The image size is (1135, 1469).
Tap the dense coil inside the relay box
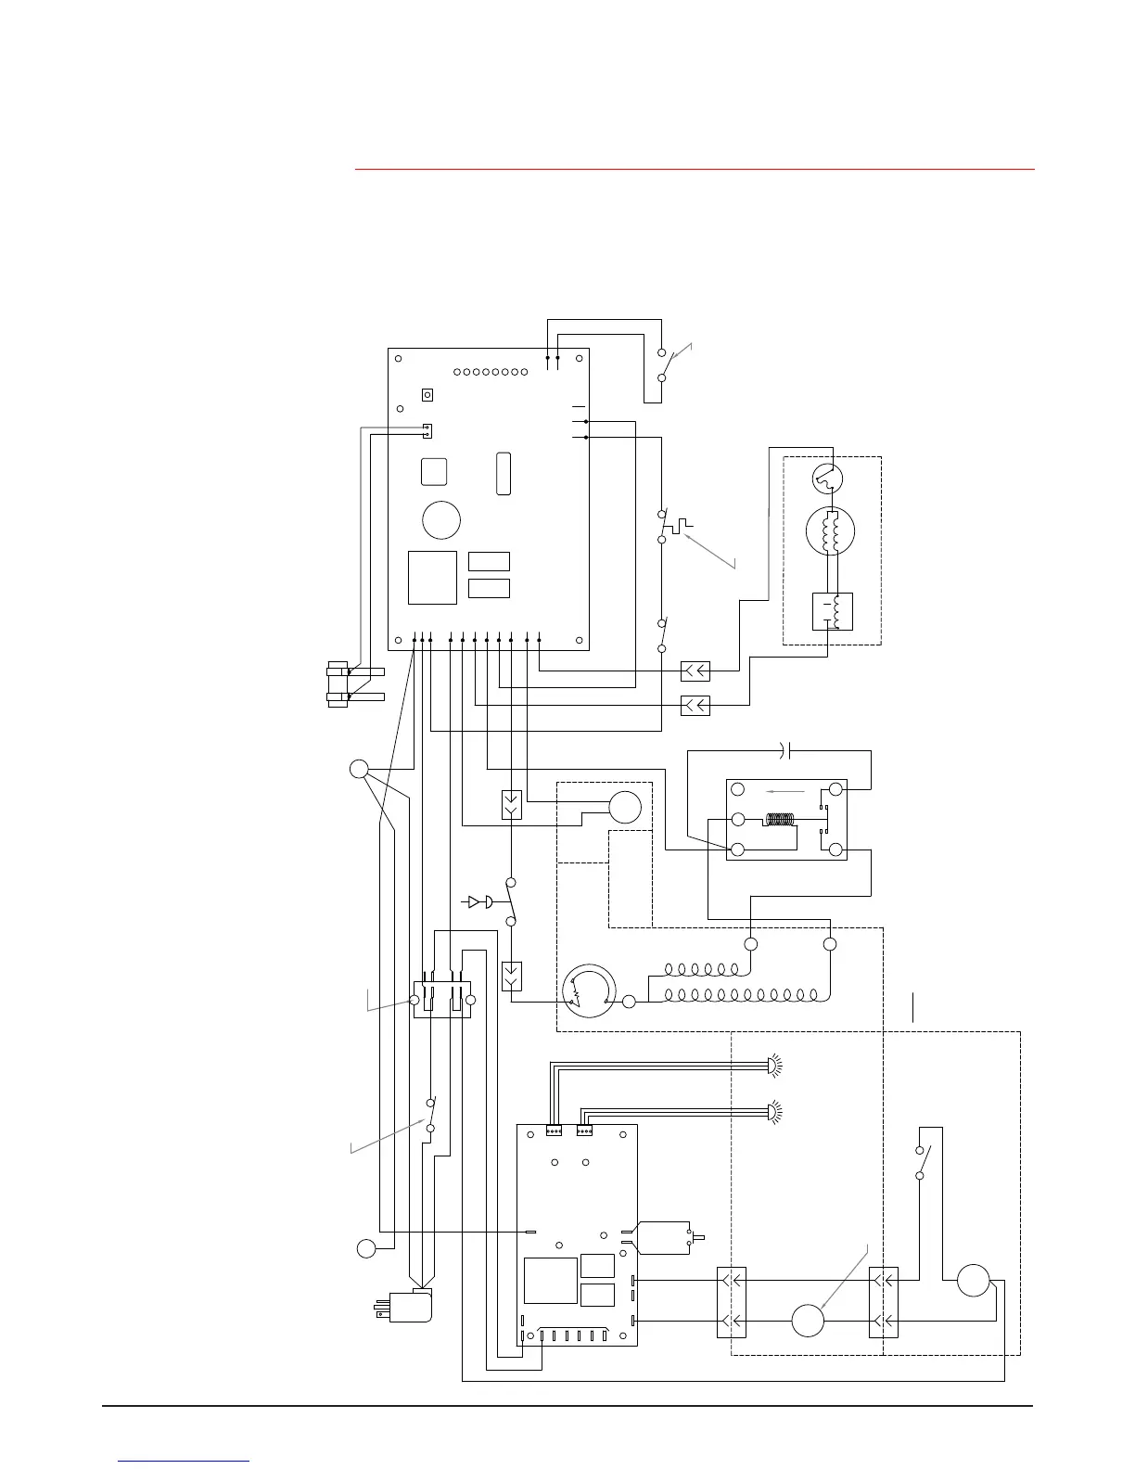[780, 820]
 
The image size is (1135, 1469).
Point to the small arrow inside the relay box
[785, 791]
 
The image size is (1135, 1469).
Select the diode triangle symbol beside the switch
[474, 901]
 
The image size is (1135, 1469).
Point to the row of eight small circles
[491, 372]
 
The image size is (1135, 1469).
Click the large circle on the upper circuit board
[441, 520]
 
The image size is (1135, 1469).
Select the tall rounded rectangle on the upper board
[504, 473]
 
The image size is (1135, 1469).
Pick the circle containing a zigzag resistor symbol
[589, 992]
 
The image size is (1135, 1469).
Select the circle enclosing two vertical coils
[828, 532]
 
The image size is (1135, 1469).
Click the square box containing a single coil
[832, 610]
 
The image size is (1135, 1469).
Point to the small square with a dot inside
[427, 395]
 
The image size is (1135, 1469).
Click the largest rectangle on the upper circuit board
[432, 578]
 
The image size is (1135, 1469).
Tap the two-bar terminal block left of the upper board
[355, 684]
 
